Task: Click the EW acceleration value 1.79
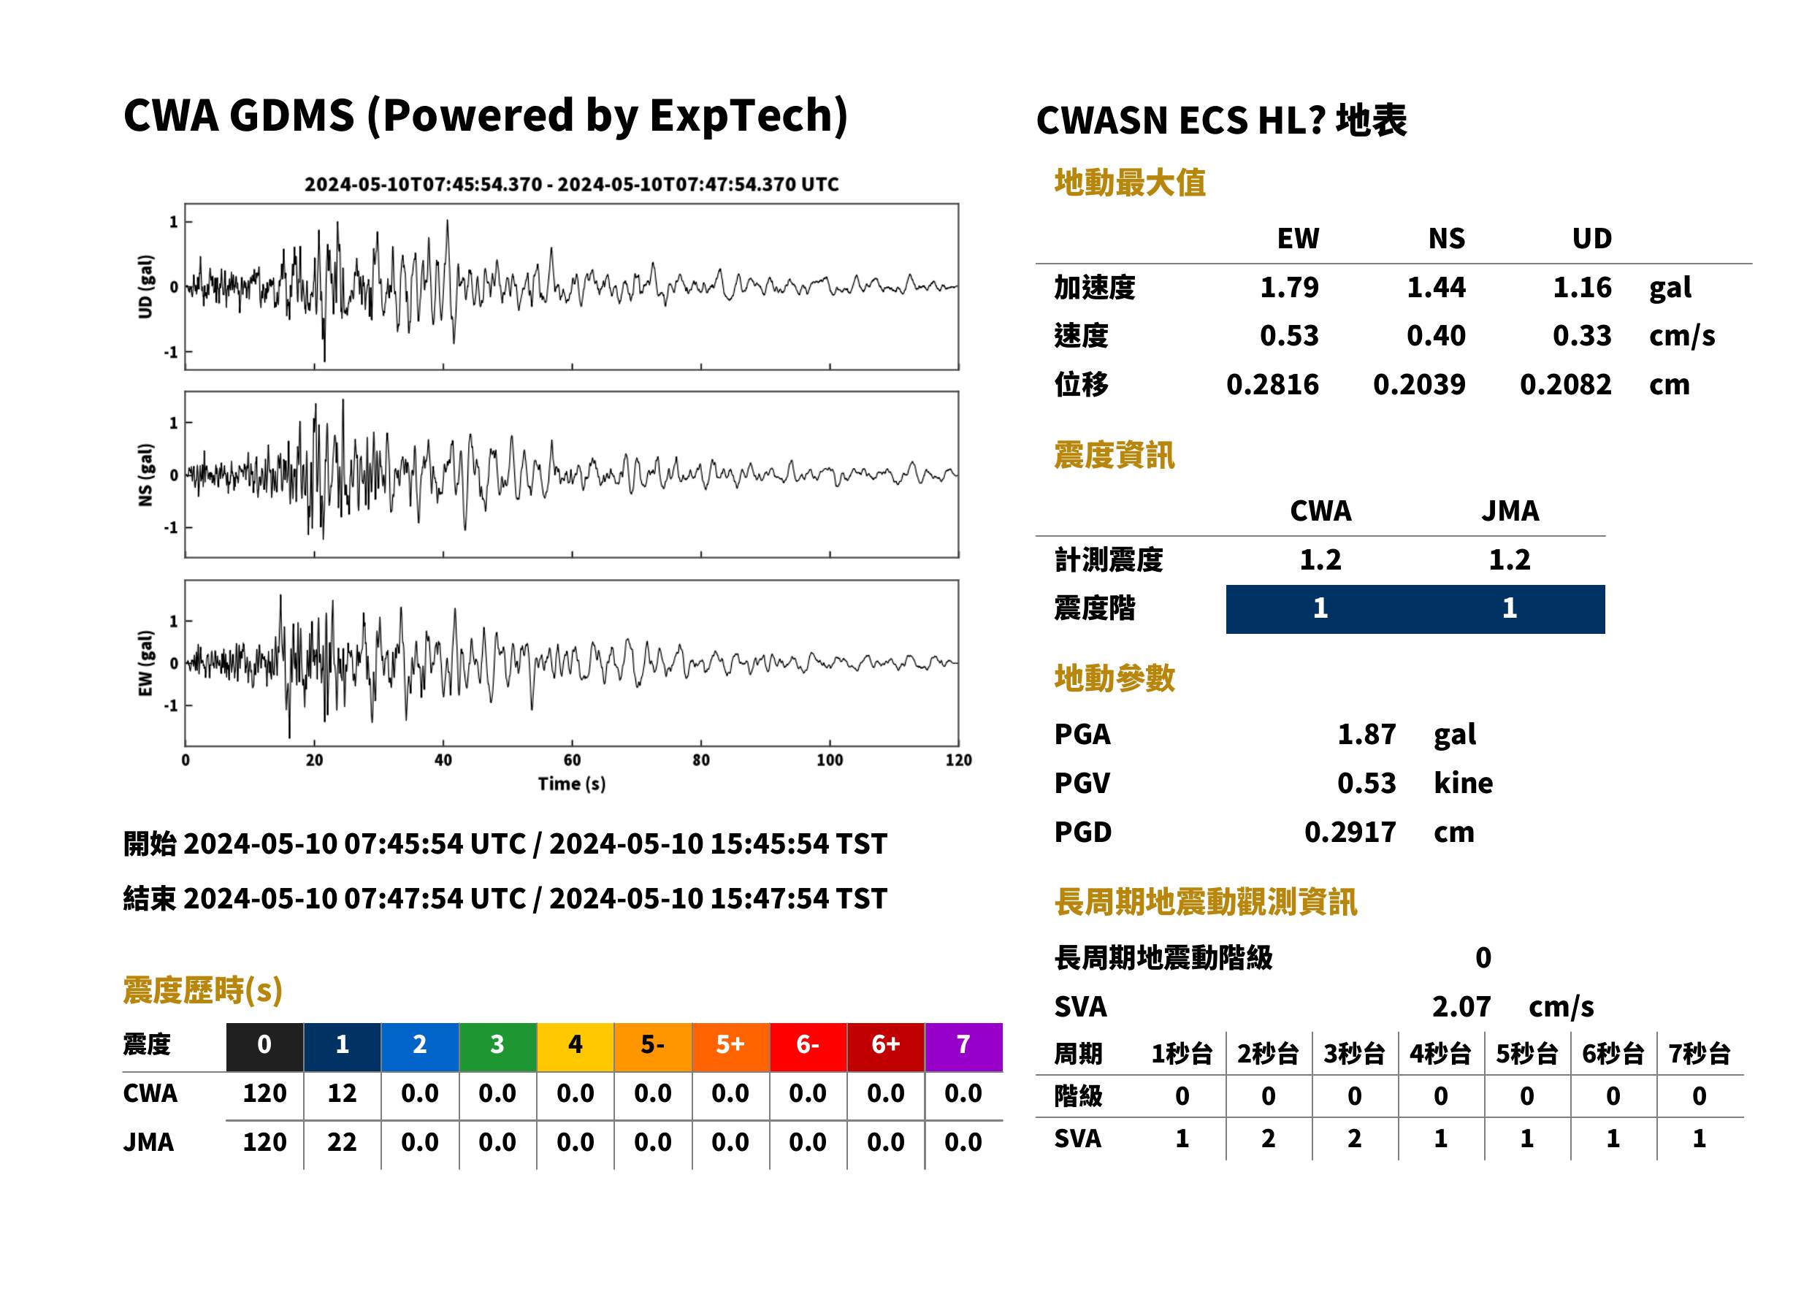[x=1288, y=287]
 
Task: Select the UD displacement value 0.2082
[x=1565, y=384]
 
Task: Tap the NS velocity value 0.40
[x=1435, y=335]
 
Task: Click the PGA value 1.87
[x=1366, y=734]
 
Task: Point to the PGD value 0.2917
[x=1350, y=832]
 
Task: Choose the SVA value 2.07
[x=1461, y=1006]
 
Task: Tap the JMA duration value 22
[x=342, y=1142]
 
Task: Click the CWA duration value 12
[x=342, y=1092]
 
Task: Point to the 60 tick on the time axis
[x=572, y=759]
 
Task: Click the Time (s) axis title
[x=571, y=784]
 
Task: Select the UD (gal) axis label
[x=145, y=287]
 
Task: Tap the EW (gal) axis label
[x=145, y=663]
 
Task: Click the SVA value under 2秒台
[x=1268, y=1138]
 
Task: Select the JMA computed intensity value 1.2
[x=1509, y=559]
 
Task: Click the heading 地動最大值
[x=1130, y=183]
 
